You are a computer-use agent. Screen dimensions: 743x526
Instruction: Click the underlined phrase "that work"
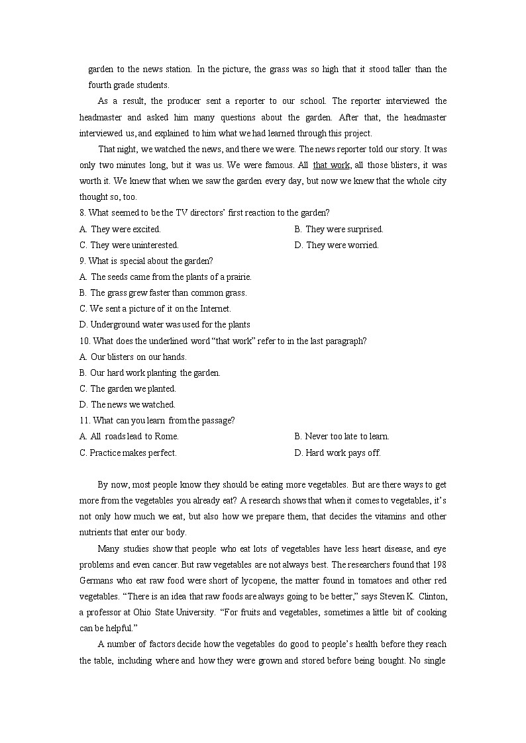tap(331, 165)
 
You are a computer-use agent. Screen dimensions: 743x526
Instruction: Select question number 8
tap(82, 213)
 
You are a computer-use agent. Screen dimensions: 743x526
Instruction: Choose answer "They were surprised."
tap(344, 229)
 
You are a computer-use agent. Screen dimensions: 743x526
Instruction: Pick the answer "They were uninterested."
tap(134, 245)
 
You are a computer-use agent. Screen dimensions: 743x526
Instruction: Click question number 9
tap(82, 261)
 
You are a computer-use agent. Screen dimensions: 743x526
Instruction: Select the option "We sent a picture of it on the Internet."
tap(160, 308)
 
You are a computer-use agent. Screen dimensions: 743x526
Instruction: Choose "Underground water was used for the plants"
tap(170, 324)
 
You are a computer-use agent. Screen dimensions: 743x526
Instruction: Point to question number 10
tap(84, 341)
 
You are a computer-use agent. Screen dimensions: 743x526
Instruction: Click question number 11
tap(84, 420)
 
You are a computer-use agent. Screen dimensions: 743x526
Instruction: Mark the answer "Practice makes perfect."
tap(133, 453)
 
